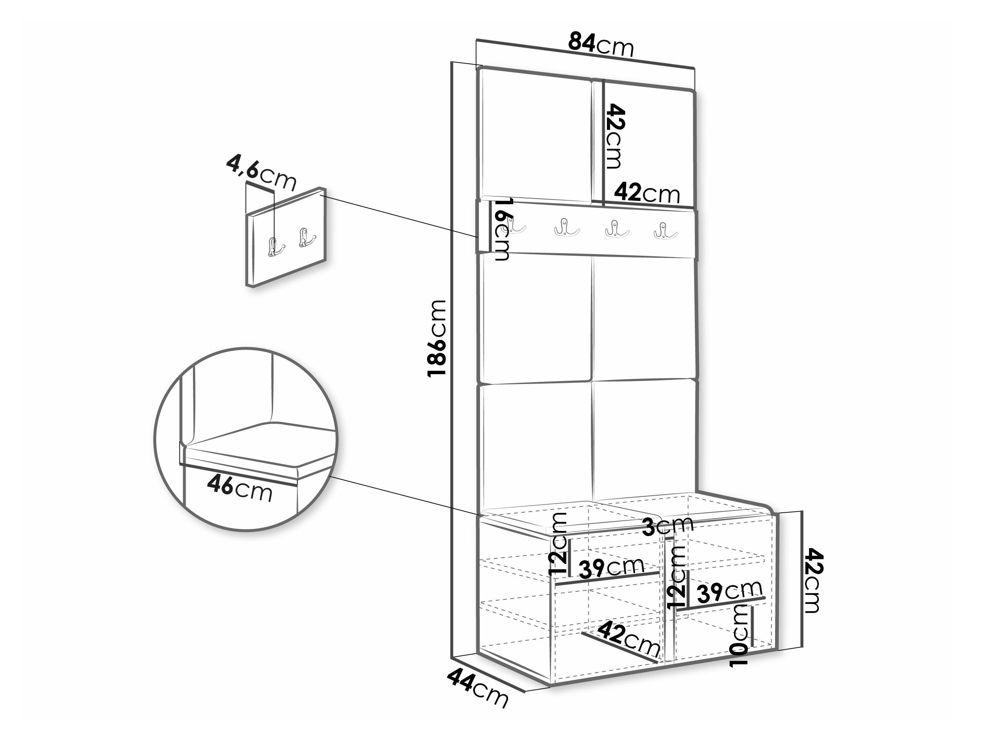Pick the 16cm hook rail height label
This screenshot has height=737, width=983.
click(x=503, y=230)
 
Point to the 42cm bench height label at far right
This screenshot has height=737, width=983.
click(x=814, y=580)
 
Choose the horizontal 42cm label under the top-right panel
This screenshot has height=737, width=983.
click(x=647, y=193)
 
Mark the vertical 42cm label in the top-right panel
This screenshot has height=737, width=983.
click(x=615, y=136)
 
